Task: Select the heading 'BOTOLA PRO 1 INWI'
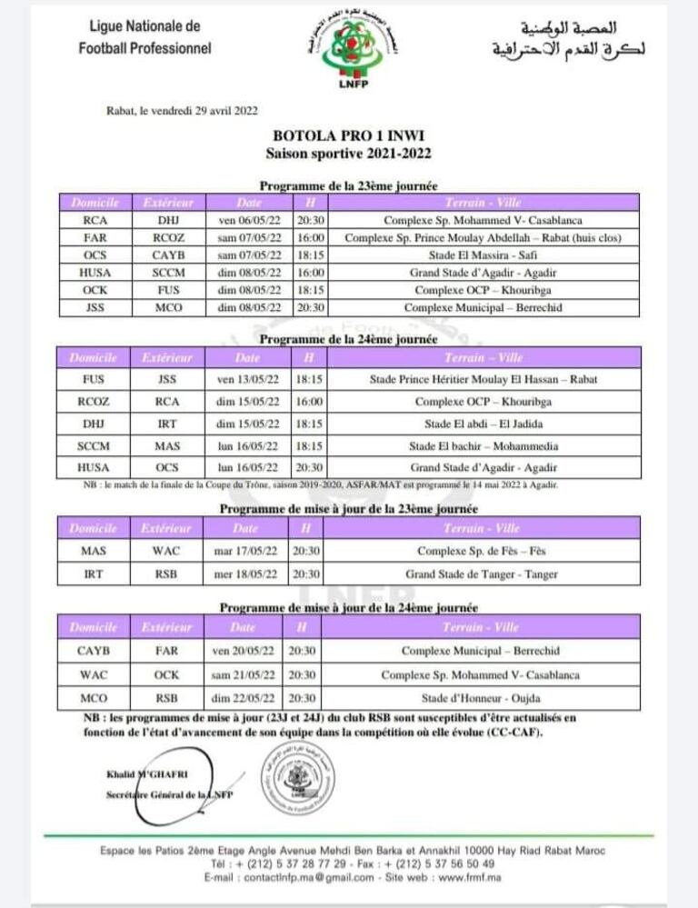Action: (x=349, y=135)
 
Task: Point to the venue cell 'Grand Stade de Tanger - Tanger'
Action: (x=482, y=574)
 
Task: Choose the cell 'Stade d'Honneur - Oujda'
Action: (x=482, y=698)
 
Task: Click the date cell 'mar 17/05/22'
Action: (x=247, y=551)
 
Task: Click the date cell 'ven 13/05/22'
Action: (x=247, y=378)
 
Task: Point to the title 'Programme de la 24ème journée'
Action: (x=349, y=339)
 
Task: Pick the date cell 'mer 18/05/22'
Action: (x=247, y=574)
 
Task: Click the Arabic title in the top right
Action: (x=567, y=38)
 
